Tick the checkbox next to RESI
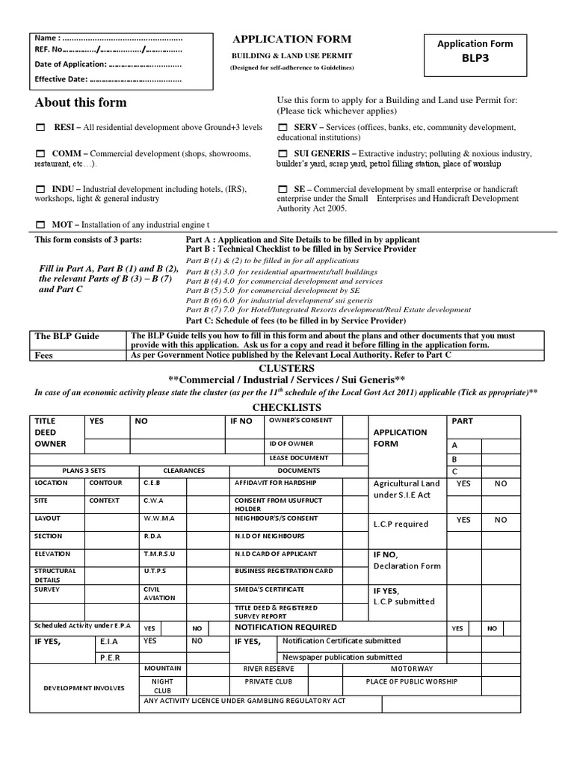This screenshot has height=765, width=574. click(40, 128)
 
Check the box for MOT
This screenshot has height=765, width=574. click(40, 224)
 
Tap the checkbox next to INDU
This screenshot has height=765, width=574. click(40, 190)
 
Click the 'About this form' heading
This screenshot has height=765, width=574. click(81, 102)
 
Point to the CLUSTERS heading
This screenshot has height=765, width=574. click(286, 369)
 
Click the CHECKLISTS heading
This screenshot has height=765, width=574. click(286, 407)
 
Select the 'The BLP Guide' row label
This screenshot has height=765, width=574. click(67, 336)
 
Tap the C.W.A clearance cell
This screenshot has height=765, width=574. click(154, 501)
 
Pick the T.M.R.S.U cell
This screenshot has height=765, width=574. click(159, 554)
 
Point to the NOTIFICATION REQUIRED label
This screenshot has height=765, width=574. click(286, 628)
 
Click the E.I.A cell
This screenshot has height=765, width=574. click(108, 641)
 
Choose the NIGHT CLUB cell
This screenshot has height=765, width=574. click(162, 687)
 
